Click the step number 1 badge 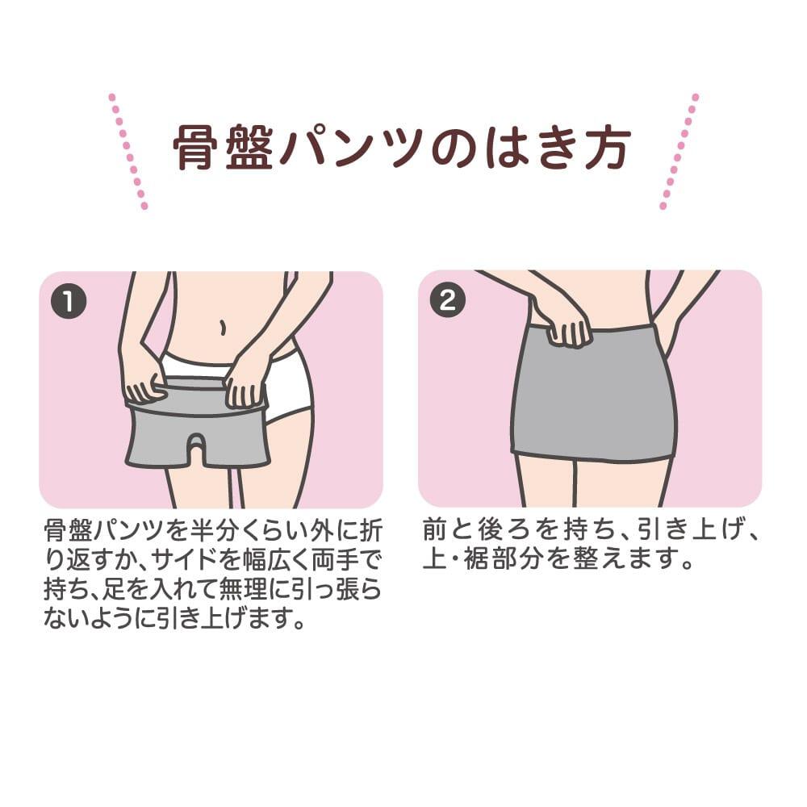[69, 301]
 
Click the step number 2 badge [447, 299]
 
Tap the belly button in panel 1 [223, 327]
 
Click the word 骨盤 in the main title [223, 148]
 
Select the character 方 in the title [605, 148]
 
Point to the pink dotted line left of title [128, 152]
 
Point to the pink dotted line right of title [679, 152]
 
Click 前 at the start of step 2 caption [436, 530]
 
